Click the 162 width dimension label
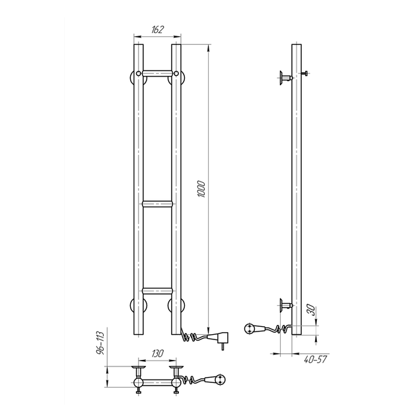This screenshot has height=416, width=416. click(157, 30)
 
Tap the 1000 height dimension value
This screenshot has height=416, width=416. click(201, 189)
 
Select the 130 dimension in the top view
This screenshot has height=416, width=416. click(157, 354)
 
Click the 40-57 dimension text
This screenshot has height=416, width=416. click(315, 359)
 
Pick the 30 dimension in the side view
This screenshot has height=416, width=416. click(312, 310)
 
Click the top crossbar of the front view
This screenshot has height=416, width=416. click(157, 73)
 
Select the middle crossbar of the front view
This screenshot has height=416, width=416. click(157, 204)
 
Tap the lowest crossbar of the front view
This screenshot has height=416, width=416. click(157, 291)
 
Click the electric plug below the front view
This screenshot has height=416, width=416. click(219, 339)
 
